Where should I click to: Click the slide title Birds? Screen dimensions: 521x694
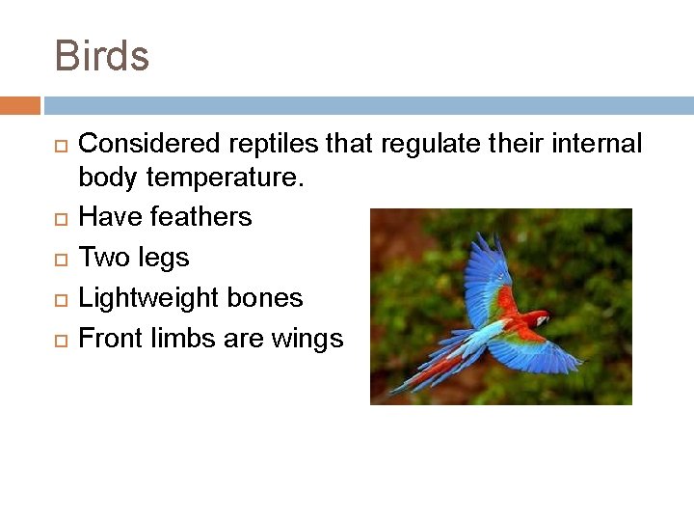(x=102, y=55)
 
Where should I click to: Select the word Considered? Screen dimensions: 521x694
(x=149, y=144)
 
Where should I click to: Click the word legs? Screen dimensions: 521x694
(x=163, y=258)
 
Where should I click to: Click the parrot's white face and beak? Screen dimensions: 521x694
(x=542, y=319)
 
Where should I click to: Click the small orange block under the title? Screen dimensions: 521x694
(x=20, y=104)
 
